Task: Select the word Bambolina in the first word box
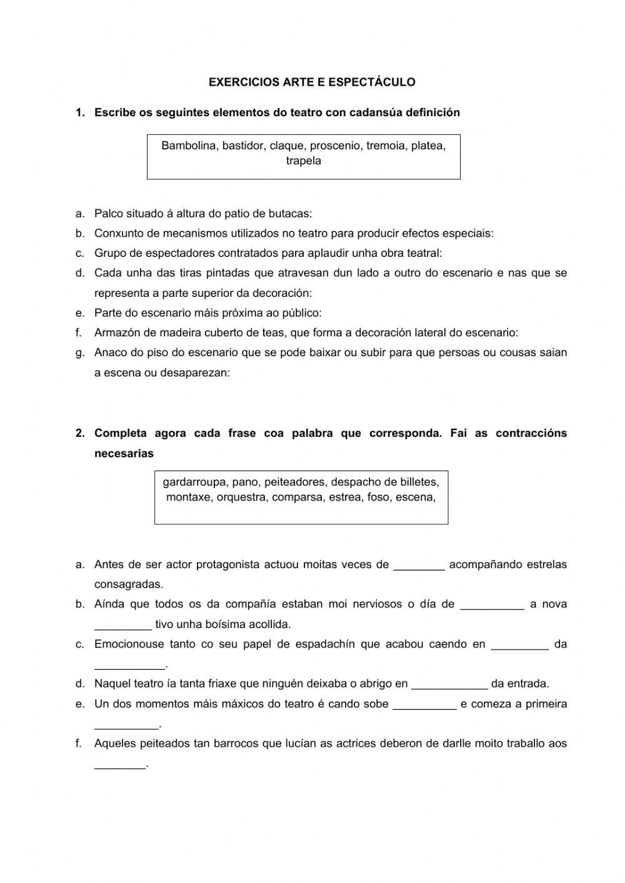(186, 146)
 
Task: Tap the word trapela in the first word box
(304, 161)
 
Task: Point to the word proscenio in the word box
(335, 146)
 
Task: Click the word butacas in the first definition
(291, 214)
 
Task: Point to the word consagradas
(128, 584)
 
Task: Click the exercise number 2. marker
(80, 433)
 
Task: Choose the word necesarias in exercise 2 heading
(124, 454)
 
